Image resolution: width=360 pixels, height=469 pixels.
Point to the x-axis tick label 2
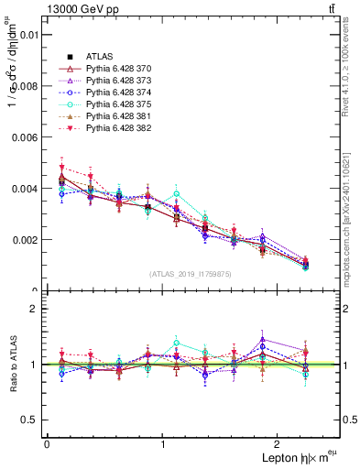point(280,444)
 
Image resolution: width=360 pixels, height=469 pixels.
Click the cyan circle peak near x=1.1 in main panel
point(176,194)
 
